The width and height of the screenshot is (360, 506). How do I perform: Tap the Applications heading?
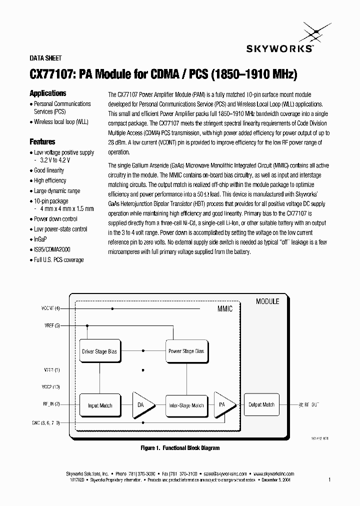point(48,93)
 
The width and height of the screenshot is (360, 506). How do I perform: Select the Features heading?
point(42,142)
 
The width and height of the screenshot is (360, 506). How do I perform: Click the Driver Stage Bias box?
point(99,351)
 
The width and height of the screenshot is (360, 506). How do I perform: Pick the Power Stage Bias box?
point(186,351)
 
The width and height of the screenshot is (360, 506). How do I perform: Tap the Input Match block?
point(99,405)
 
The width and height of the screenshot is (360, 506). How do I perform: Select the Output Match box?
point(261,404)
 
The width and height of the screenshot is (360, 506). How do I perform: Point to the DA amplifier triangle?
point(142,405)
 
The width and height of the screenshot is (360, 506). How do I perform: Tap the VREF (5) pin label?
point(51,325)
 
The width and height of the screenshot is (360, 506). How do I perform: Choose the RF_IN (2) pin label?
point(51,404)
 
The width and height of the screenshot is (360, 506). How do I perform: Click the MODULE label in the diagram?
point(267,301)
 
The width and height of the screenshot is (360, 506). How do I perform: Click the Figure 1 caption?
point(180,448)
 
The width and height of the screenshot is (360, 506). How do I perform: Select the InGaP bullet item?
point(40,239)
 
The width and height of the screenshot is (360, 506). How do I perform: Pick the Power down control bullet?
point(55,219)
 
